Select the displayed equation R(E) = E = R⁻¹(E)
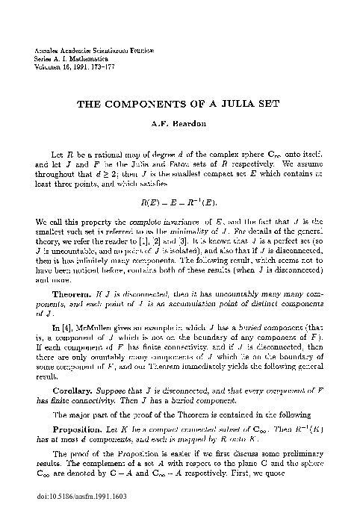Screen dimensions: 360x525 (x=179, y=202)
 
